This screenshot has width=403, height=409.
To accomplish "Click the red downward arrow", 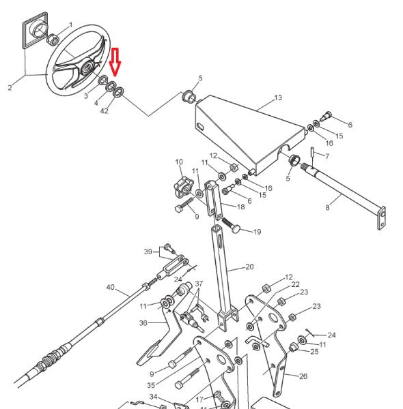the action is tap(115, 62).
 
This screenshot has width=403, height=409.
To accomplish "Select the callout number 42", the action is tap(105, 111).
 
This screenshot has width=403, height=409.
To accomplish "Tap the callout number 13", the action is tap(278, 97).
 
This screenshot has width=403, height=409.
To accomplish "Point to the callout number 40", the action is tap(110, 287).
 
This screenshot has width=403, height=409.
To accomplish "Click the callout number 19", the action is tap(257, 232).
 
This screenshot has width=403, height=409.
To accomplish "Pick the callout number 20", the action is tap(249, 267).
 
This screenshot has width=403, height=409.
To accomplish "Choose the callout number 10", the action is tap(179, 162).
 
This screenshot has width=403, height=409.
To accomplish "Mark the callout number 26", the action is tap(303, 376).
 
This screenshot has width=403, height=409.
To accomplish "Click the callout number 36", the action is tap(143, 323).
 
